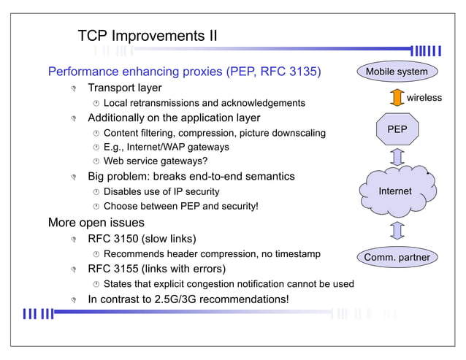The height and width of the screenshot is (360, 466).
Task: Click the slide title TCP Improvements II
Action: (147, 36)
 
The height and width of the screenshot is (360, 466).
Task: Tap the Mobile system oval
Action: (397, 72)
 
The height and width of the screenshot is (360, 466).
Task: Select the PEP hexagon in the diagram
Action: (397, 129)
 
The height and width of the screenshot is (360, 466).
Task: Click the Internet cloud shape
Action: (395, 191)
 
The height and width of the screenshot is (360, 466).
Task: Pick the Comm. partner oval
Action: (397, 257)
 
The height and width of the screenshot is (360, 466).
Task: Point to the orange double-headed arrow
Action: (397, 98)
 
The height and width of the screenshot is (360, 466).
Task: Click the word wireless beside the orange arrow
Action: (424, 98)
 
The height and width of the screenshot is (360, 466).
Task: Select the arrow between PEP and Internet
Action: (397, 157)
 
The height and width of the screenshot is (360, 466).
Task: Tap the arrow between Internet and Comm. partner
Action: (397, 231)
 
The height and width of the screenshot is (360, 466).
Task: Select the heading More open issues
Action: (96, 222)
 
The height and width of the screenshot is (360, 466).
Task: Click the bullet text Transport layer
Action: (124, 88)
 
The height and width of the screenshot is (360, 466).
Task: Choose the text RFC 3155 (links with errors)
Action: (156, 269)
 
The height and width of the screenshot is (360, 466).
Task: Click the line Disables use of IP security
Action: (161, 191)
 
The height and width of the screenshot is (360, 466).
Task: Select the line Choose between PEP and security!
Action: (180, 207)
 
